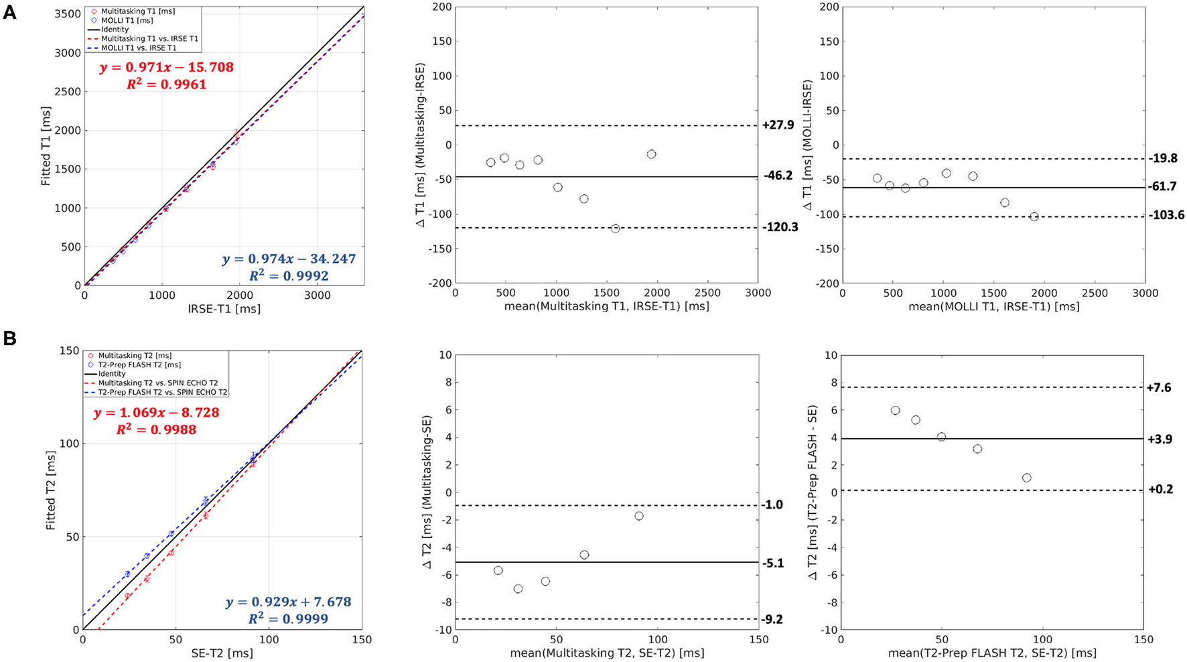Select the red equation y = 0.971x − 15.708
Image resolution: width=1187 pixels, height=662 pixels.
coord(166,68)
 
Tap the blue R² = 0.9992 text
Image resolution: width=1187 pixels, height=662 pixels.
coord(289,275)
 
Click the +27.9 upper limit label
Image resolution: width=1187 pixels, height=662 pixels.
coord(778,126)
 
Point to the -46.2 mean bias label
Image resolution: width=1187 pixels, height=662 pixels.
coord(778,176)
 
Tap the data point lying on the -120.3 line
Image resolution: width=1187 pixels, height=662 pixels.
coord(615,228)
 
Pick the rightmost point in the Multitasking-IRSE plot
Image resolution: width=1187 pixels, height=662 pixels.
coord(651,155)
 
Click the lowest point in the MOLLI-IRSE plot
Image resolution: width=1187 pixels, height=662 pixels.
coord(1034,216)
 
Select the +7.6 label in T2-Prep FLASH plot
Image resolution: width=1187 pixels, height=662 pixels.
coord(1159,388)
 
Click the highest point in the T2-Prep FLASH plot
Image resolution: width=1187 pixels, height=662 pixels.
coord(895,410)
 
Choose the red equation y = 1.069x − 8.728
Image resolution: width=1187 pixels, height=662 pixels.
coord(157,413)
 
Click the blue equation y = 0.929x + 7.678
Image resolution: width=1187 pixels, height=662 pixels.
coord(288,602)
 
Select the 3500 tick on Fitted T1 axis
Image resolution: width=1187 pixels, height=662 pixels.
coord(66,13)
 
